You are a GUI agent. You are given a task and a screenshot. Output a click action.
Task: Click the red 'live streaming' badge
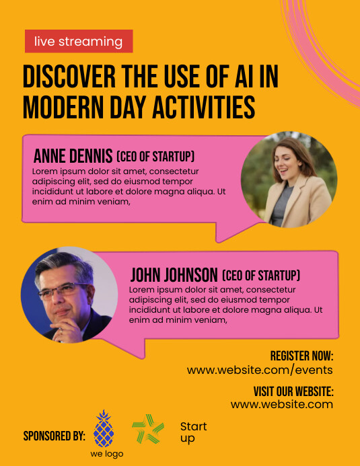coord(79,41)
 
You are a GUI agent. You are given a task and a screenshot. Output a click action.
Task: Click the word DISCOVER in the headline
coord(69,77)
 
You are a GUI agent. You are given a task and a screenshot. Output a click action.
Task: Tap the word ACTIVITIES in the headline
coord(204,107)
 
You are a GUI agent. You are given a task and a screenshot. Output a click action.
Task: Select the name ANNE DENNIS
coord(73,156)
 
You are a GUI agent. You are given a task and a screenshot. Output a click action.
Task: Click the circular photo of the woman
coord(289,180)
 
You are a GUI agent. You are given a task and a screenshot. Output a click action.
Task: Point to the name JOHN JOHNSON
coord(174,274)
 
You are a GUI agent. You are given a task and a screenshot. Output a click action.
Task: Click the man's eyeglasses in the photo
coord(64,290)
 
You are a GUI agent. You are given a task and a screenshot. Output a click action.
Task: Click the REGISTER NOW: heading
coord(301,356)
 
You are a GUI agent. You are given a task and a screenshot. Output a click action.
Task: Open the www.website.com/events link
coord(260,370)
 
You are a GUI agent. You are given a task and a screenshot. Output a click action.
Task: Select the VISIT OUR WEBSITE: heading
coord(293,391)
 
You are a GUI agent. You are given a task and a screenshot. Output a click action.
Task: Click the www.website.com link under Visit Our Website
coord(282,405)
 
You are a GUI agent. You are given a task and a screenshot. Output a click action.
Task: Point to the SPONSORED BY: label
coord(55,436)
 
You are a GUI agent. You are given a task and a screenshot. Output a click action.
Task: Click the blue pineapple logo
coord(104,428)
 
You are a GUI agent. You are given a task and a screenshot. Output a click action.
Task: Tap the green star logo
coord(148,429)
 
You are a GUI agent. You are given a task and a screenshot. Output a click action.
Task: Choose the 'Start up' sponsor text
coord(193,432)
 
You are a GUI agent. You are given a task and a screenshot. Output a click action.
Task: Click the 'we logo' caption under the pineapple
coord(107,454)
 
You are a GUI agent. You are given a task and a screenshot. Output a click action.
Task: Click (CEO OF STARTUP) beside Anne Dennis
coord(155,156)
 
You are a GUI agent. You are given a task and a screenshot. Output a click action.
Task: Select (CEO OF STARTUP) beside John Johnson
coord(261,275)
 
